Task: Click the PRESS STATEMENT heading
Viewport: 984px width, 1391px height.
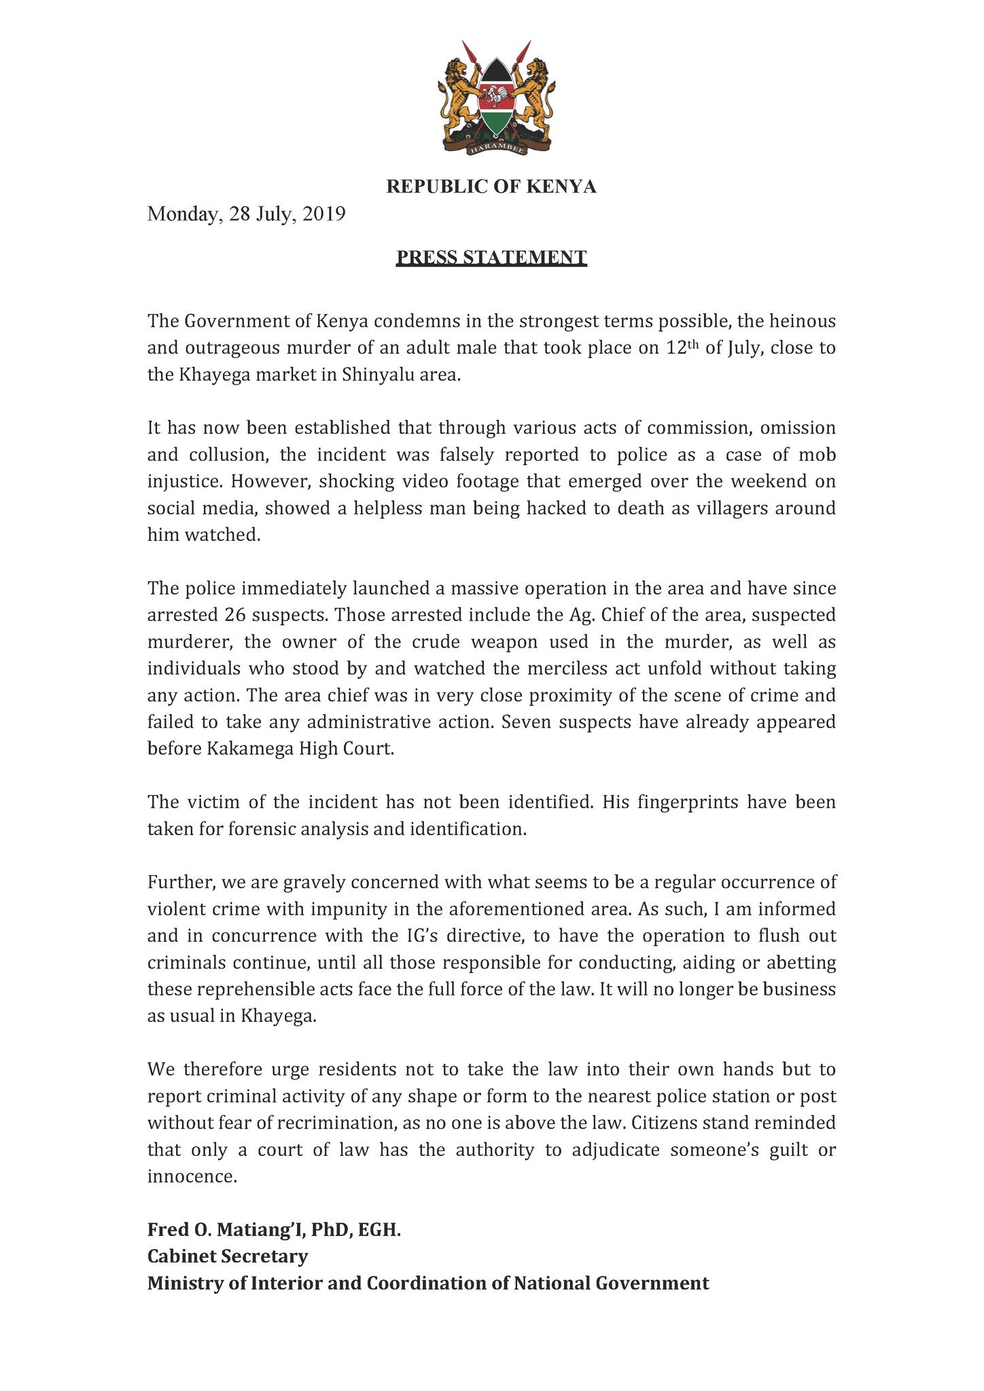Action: [491, 258]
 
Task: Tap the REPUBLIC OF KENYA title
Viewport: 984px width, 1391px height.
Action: [491, 187]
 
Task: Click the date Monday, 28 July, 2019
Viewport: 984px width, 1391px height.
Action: [247, 214]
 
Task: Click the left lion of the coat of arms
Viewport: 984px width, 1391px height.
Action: [460, 95]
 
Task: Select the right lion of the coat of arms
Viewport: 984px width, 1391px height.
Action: [533, 95]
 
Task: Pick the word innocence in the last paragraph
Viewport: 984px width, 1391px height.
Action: [192, 1177]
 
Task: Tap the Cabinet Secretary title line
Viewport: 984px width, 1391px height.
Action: [228, 1256]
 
